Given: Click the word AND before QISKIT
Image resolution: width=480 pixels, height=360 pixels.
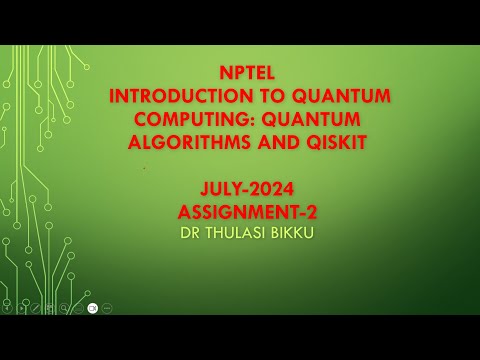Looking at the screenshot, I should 275,143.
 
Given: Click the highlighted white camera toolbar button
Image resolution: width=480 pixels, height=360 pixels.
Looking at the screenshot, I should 92,307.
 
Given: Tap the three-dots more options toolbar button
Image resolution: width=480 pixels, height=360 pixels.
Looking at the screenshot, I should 107,307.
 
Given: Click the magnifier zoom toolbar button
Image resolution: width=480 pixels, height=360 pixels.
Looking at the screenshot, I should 63,307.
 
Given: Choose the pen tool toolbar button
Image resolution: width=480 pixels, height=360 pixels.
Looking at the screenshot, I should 35,307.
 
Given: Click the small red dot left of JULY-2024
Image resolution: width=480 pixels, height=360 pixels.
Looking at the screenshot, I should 144,169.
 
